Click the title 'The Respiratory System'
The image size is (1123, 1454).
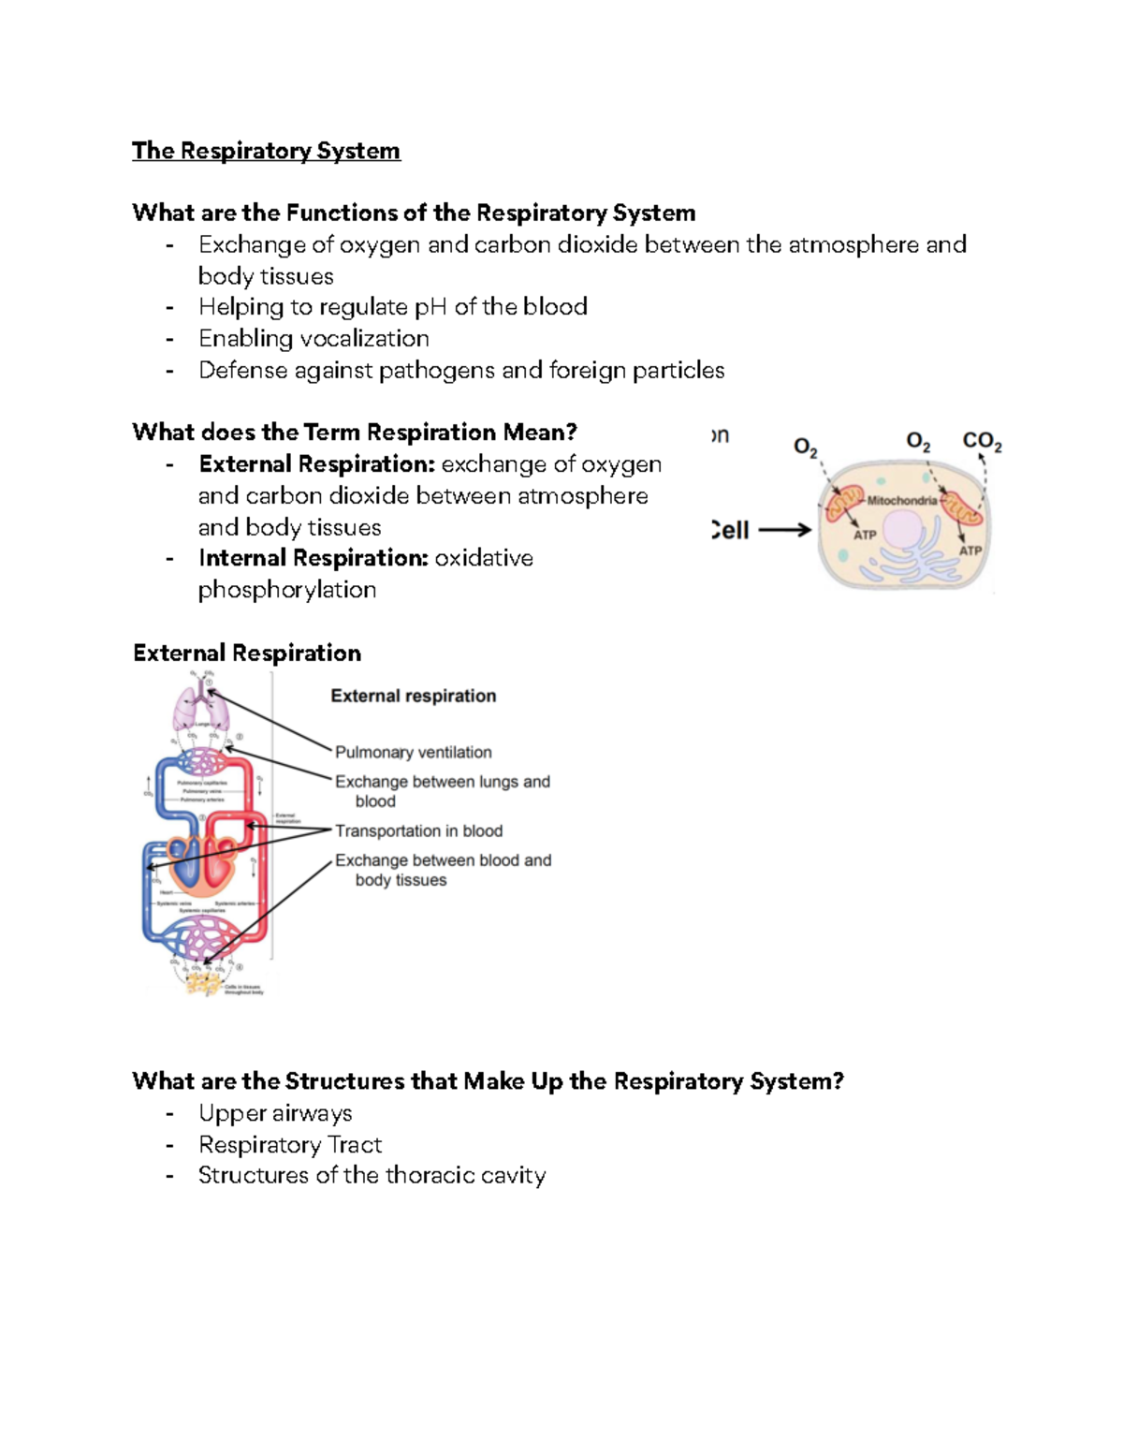pos(266,151)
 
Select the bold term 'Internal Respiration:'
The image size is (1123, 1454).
pos(314,558)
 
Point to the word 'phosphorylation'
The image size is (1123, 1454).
pos(287,590)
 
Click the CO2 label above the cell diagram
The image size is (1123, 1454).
pos(982,441)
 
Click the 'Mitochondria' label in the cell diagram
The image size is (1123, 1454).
pos(901,501)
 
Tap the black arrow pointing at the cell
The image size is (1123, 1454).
pos(784,530)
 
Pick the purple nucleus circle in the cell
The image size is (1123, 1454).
pos(903,530)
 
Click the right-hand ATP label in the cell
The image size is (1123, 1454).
pos(970,551)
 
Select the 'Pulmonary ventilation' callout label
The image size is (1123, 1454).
pos(413,752)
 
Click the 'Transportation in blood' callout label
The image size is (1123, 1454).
pos(418,830)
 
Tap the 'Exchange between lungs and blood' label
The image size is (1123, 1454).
pos(442,790)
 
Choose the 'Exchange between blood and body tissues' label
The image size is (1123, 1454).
pos(443,869)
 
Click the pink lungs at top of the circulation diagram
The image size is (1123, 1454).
pos(200,711)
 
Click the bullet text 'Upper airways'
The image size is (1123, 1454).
pos(275,1113)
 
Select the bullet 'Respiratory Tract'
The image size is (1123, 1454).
pos(290,1145)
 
